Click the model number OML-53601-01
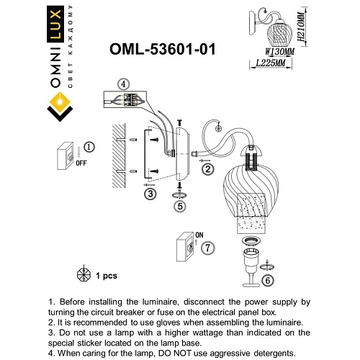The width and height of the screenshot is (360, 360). click(x=162, y=50)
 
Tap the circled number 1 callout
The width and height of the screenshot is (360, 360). click(x=89, y=147)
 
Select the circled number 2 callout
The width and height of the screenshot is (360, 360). click(x=208, y=170)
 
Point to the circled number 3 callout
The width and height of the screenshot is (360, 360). click(x=150, y=192)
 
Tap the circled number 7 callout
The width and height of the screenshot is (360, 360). click(x=207, y=248)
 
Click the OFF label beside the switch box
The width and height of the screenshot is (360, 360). click(x=81, y=163)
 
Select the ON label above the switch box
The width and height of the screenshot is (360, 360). click(x=199, y=234)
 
